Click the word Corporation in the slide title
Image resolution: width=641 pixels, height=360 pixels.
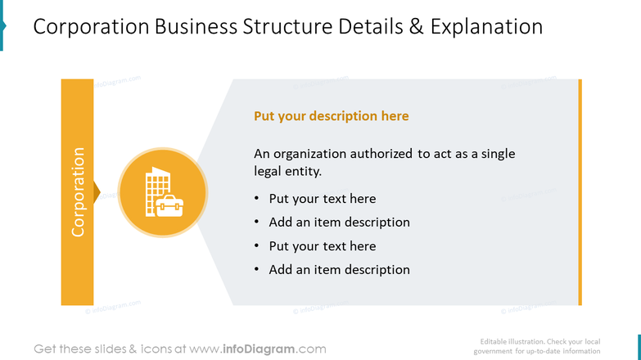point(91,26)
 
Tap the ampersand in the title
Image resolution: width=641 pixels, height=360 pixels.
point(416,26)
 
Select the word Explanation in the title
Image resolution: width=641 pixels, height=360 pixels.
point(486,27)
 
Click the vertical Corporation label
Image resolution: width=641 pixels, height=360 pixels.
point(78,192)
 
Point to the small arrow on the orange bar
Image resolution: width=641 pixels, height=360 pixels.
point(97,192)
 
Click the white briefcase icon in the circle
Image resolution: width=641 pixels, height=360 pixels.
point(169,206)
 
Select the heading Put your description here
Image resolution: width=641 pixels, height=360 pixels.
point(331,116)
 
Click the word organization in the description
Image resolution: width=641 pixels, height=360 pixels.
point(310,154)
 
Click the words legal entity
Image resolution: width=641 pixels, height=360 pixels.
point(288,171)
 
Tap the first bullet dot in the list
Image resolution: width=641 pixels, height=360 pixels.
point(256,198)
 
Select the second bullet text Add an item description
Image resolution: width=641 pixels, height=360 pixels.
point(339,223)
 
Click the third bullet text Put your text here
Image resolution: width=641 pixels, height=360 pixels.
point(323,246)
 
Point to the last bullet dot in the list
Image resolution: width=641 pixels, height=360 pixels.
point(256,269)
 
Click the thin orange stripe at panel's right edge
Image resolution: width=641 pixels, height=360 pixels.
point(580,192)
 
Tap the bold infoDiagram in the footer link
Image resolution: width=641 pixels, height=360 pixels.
point(259,349)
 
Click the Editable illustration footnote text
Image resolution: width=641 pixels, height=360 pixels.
point(537,346)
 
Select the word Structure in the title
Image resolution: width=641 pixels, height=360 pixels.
point(287,26)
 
